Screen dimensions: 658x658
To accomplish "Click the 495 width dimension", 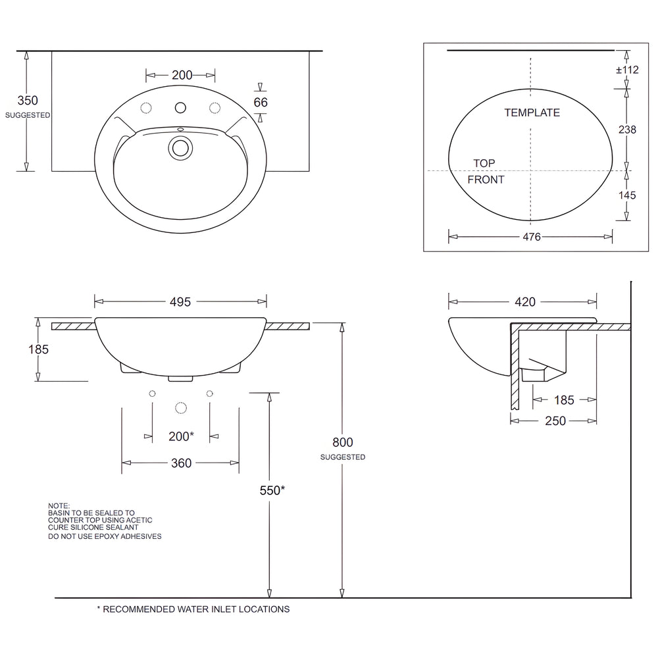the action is click(x=180, y=302).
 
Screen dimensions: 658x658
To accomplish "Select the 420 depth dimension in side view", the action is click(x=525, y=302).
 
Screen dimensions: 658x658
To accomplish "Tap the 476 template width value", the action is click(x=531, y=237).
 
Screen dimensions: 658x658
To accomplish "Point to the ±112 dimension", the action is click(x=627, y=70).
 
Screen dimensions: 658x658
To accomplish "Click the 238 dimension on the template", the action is click(x=627, y=130).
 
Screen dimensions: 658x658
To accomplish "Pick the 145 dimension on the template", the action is click(x=627, y=195).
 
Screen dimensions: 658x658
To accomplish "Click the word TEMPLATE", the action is click(x=532, y=113).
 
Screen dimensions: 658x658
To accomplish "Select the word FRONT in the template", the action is click(x=486, y=180).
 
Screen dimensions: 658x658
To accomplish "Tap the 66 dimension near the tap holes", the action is click(x=261, y=103).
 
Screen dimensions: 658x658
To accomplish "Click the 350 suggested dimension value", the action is click(x=28, y=100).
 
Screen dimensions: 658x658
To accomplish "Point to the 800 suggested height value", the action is click(x=342, y=442).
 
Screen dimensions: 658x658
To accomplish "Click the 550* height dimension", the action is click(x=272, y=490).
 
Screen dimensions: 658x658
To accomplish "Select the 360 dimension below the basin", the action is click(x=182, y=463).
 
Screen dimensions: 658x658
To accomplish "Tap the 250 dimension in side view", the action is click(x=555, y=421).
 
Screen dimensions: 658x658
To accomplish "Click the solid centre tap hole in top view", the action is click(x=180, y=108).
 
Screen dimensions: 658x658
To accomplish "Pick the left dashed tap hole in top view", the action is click(x=145, y=108).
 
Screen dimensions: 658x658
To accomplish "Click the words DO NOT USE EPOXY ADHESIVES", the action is click(x=105, y=536).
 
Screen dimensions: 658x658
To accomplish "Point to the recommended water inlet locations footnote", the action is click(x=193, y=609).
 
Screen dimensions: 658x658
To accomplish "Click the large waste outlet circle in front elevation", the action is click(x=181, y=407).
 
